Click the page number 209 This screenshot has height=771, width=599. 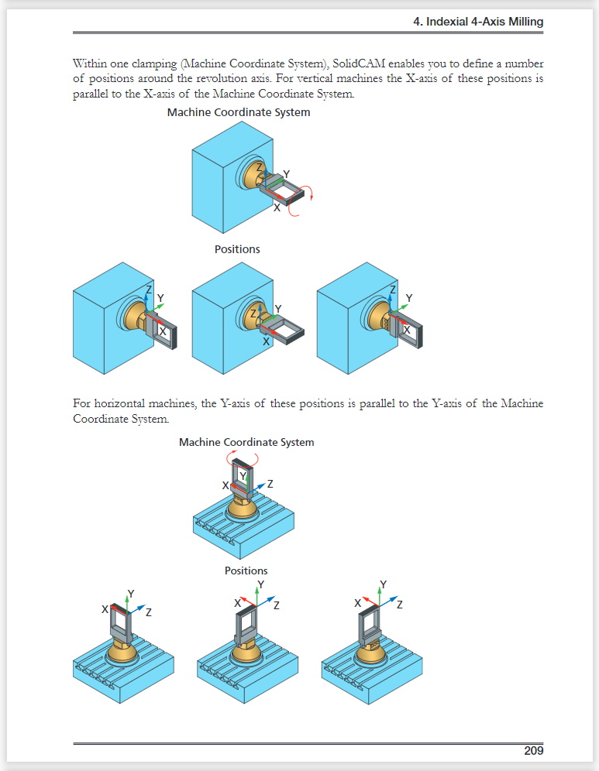tap(533, 750)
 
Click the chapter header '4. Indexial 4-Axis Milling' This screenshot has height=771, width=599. tap(479, 22)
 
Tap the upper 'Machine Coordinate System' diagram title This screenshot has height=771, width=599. tap(239, 112)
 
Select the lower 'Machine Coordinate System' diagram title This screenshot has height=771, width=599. tap(246, 442)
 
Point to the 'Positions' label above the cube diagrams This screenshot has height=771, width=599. tap(237, 249)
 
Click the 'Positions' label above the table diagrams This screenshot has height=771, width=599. tap(246, 571)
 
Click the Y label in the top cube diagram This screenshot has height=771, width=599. tap(287, 174)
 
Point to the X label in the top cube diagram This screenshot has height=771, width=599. tap(277, 207)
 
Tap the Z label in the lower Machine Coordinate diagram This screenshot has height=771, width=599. tap(270, 484)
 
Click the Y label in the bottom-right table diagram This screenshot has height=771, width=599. tap(384, 584)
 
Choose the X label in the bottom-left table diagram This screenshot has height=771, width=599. tap(104, 609)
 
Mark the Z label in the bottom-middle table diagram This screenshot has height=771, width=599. tap(276, 605)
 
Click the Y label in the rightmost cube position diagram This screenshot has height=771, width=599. tap(409, 298)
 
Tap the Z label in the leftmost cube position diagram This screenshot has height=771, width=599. tap(149, 289)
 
